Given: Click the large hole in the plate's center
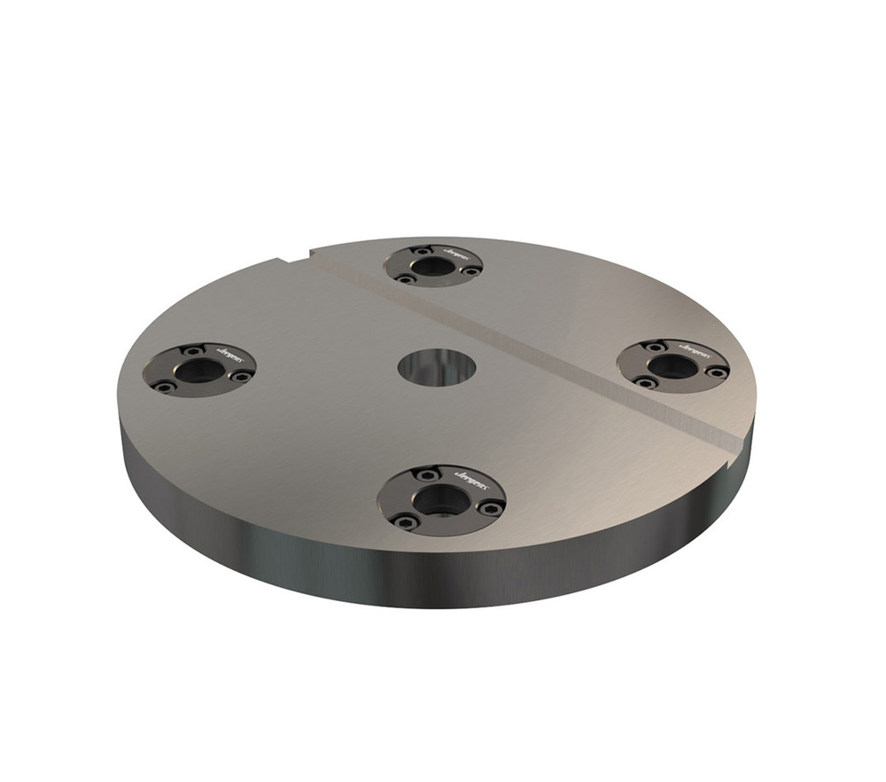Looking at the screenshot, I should [437, 367].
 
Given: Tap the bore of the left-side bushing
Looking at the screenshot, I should [197, 371].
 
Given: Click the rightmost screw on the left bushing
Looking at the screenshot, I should [239, 376].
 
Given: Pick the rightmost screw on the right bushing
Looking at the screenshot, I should [716, 372].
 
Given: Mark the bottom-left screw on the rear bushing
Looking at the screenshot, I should [407, 278].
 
